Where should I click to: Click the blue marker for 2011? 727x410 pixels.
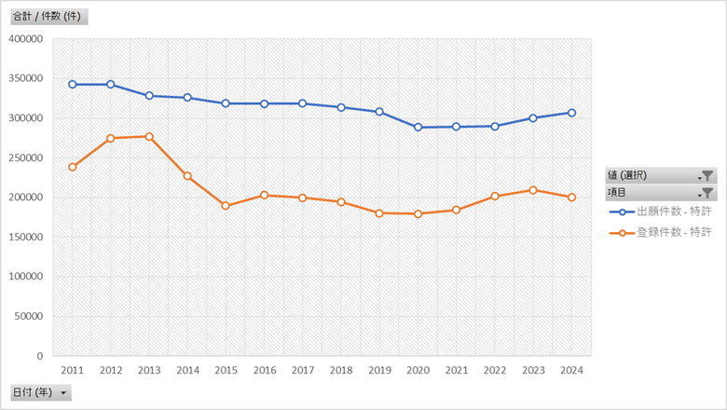(72, 85)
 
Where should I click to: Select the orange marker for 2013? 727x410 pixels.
(149, 137)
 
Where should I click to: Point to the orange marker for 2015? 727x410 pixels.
(226, 206)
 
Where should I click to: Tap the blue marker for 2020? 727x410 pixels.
(418, 127)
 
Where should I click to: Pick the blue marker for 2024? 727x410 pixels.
(571, 113)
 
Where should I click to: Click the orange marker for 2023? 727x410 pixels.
(533, 190)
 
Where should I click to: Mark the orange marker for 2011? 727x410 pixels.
(72, 167)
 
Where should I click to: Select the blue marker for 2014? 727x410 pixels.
(187, 98)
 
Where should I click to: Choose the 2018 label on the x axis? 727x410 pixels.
(341, 370)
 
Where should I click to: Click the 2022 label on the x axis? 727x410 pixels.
(495, 370)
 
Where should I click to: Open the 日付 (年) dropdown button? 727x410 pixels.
(63, 393)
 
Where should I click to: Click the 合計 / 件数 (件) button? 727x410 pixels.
(48, 17)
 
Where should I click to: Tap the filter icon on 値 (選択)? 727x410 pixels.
(706, 175)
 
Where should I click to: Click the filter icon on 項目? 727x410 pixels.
(706, 193)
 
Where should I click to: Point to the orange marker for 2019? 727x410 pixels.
(379, 213)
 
